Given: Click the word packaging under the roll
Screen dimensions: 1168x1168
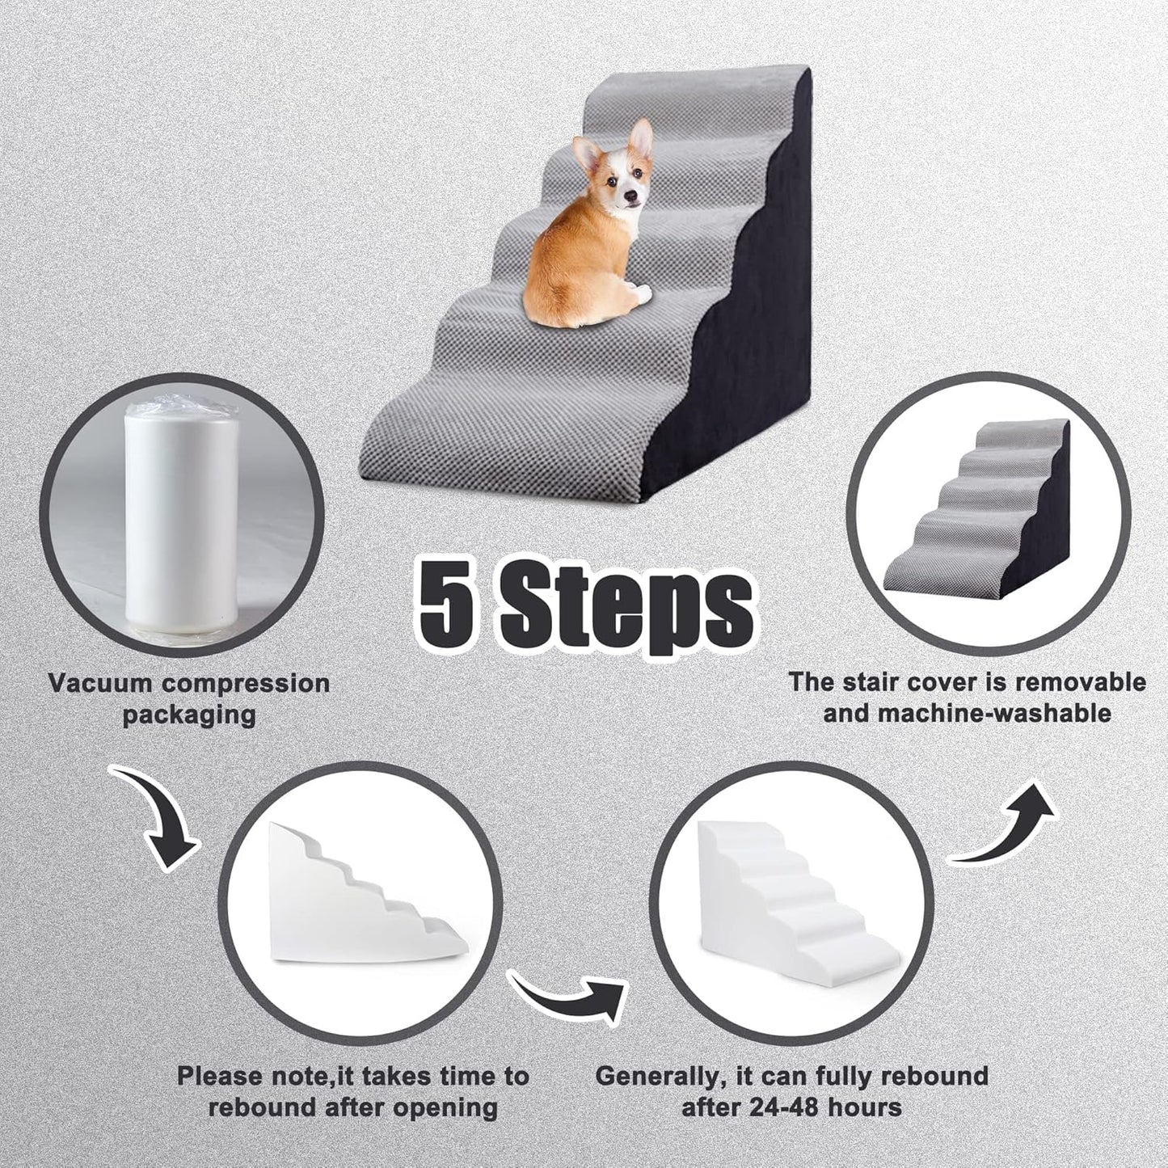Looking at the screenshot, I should [189, 715].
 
